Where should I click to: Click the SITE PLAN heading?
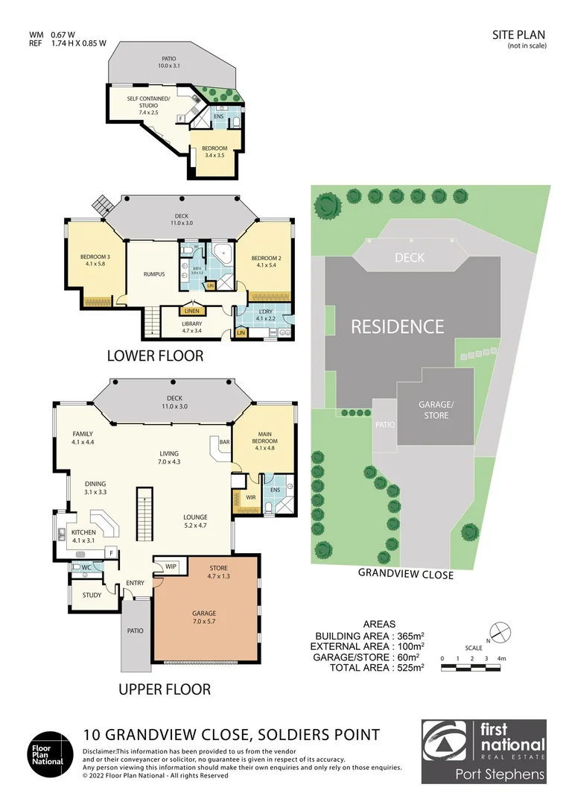pyautogui.click(x=519, y=34)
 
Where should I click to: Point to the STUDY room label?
pyautogui.click(x=92, y=595)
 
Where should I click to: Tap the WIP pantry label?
pyautogui.click(x=171, y=566)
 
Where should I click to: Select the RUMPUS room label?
pyautogui.click(x=153, y=274)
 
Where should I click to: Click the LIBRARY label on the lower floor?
pyautogui.click(x=192, y=324)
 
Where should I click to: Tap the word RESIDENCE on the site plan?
pyautogui.click(x=397, y=326)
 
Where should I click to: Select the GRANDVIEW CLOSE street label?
pyautogui.click(x=405, y=574)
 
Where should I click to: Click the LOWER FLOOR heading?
pyautogui.click(x=155, y=356)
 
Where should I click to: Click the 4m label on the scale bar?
pyautogui.click(x=503, y=658)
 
